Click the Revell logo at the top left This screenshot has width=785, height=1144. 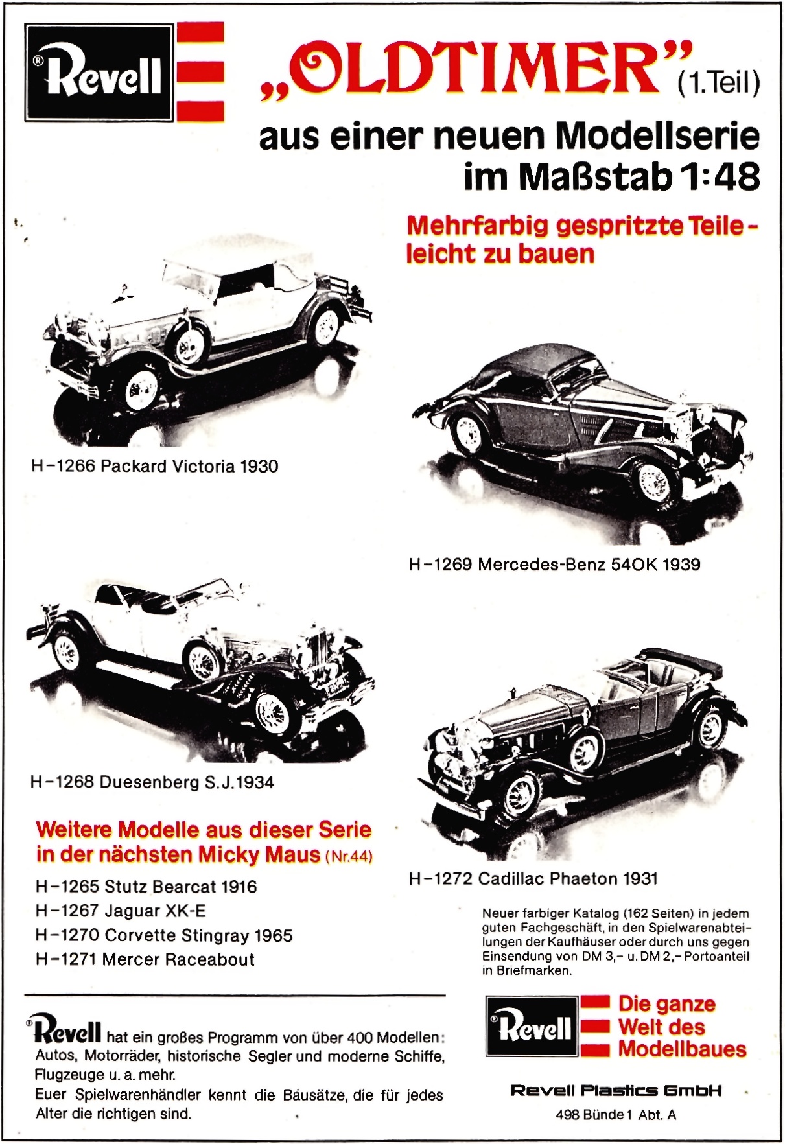click(99, 73)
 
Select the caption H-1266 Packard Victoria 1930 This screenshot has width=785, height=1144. click(154, 466)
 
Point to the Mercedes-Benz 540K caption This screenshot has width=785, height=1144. click(554, 564)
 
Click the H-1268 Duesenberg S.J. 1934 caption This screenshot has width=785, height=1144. click(152, 782)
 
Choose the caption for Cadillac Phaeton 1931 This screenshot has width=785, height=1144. click(533, 878)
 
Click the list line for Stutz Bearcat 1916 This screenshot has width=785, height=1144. click(146, 886)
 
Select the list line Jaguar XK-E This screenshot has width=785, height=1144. click(121, 911)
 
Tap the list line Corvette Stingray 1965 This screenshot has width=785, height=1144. click(163, 935)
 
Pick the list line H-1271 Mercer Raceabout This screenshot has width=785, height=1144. click(145, 959)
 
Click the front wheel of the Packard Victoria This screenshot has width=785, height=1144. click(141, 389)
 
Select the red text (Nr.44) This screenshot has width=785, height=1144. click(349, 856)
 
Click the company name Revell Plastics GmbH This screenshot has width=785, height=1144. click(616, 1090)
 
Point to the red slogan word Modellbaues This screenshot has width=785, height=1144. click(682, 1049)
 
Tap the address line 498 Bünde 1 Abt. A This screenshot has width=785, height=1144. click(616, 1115)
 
